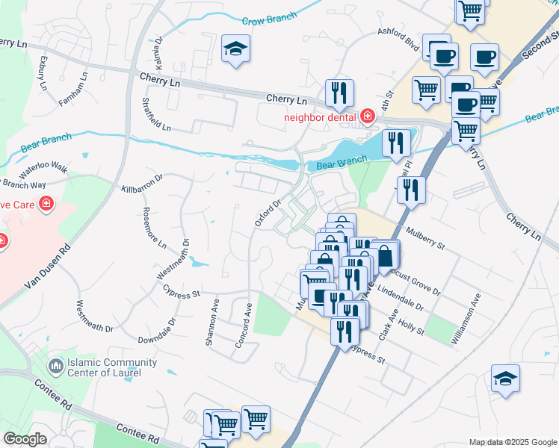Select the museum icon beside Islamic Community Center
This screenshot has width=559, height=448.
coord(55,367)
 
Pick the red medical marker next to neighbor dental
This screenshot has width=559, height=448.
coord(367,116)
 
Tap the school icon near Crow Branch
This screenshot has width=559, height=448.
coord(235,49)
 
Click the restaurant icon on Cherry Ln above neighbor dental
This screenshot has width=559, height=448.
coord(339,93)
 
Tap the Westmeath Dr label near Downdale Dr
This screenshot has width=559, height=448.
coord(94,317)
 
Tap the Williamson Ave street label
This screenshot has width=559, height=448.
coord(464,319)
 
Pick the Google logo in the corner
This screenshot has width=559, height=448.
coord(25,439)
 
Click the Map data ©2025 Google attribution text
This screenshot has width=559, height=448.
coord(512,442)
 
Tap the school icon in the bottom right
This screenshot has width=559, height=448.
coord(505,379)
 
